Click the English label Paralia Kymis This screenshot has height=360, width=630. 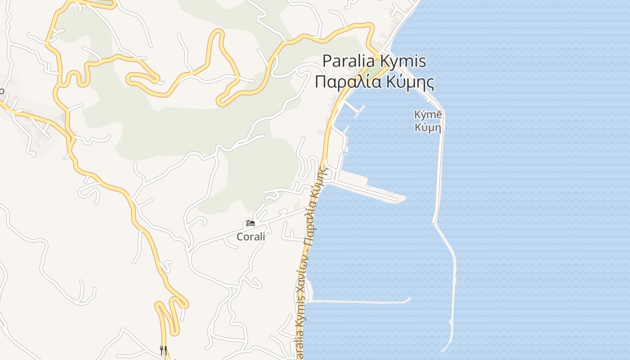374,61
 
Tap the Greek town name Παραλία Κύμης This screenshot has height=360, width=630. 374,82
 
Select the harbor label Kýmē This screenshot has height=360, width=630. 428,115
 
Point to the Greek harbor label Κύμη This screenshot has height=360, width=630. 428,128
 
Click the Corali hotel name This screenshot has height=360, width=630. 251,236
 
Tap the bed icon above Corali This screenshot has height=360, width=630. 251,223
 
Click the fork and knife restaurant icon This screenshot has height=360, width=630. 163,350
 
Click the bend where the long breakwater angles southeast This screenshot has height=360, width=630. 435,222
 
